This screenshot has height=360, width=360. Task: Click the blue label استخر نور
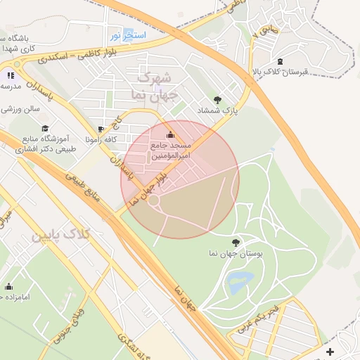point(127,34)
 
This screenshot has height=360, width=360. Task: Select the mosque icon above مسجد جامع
point(169,134)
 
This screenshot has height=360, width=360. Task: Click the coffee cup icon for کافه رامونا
point(101,129)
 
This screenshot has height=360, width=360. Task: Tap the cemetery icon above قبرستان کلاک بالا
point(281,61)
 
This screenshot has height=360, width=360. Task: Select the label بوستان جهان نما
point(235,252)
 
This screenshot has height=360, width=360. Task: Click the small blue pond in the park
point(240,283)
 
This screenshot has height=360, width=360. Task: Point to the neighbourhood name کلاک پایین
point(60,235)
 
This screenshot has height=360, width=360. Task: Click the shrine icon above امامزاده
point(9,286)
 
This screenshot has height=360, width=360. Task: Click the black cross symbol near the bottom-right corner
point(330,351)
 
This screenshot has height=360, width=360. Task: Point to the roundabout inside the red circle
point(153,202)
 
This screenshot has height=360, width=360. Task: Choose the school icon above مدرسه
point(10,75)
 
